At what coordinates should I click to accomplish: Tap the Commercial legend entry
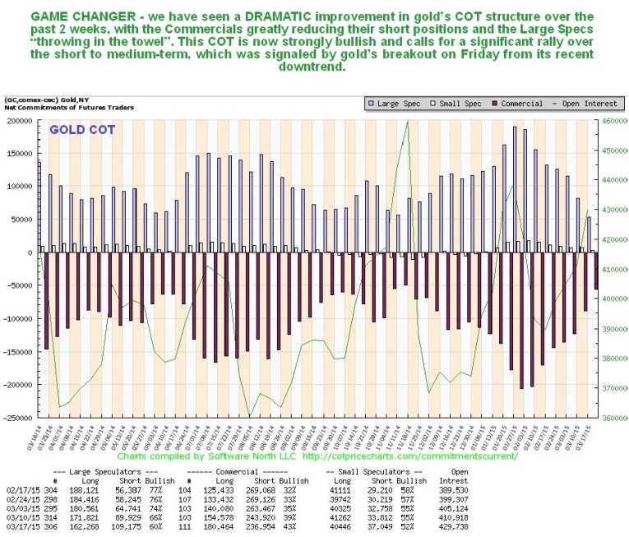[519, 104]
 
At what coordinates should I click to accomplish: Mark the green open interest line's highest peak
[408, 122]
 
